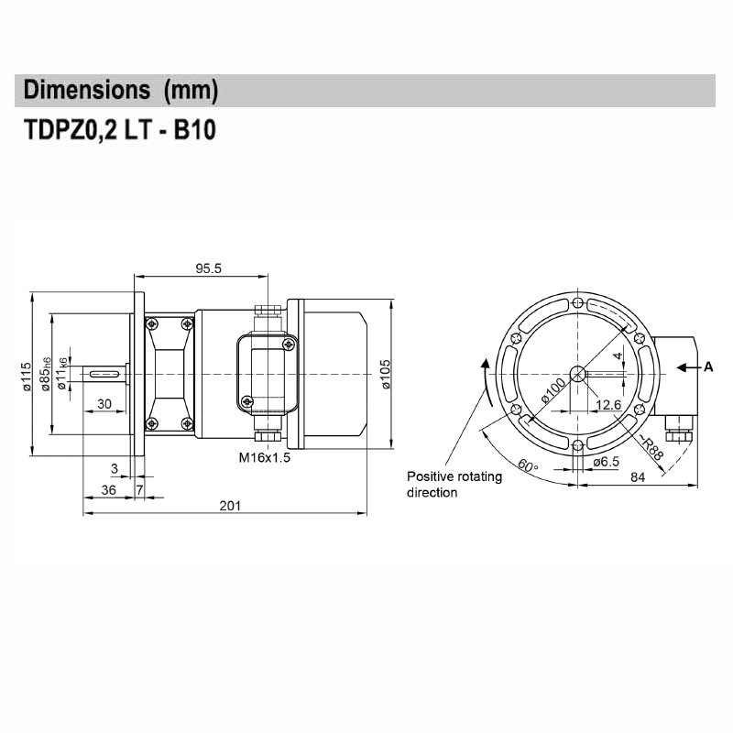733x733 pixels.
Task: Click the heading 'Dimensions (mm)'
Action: tap(121, 91)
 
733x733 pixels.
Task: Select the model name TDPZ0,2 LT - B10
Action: tap(119, 130)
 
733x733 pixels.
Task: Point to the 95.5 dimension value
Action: tap(209, 268)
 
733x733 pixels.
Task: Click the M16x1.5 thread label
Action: tap(265, 457)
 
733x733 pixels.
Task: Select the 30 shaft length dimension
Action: tap(104, 404)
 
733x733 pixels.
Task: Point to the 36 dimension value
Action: tap(107, 490)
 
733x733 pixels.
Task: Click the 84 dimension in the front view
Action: tap(639, 476)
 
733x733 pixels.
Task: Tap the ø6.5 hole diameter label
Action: tap(607, 462)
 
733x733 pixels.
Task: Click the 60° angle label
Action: tap(527, 465)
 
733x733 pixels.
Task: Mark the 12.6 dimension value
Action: tap(610, 404)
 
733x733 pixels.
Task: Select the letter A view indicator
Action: tap(707, 367)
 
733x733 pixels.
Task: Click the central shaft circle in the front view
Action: tap(577, 373)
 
